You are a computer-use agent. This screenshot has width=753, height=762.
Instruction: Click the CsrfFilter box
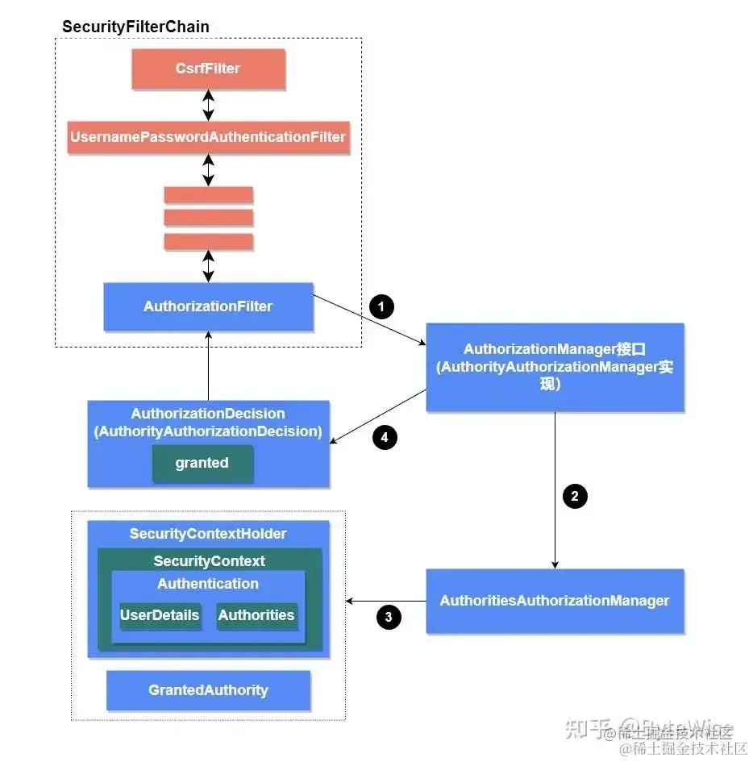point(208,69)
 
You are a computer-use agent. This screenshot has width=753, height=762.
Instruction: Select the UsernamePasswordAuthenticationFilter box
point(208,137)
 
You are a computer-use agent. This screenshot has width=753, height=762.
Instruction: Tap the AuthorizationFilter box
point(208,306)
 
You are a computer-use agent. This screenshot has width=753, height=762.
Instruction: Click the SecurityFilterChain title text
point(135,27)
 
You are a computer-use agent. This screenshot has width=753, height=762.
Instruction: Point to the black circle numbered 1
point(381,306)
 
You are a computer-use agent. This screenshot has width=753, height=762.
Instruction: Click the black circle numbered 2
point(574,496)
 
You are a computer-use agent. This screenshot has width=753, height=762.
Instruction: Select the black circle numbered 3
point(389,618)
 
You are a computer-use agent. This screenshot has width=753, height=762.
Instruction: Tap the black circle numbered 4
point(385,438)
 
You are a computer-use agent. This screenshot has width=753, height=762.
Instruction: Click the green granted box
point(202,464)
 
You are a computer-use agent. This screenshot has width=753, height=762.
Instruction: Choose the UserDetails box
point(160,615)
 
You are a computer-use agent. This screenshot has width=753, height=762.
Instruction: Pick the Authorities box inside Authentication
point(256,615)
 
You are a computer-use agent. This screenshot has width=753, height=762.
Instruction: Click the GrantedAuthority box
point(208,690)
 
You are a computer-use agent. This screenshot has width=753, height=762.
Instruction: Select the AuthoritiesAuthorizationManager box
point(555,601)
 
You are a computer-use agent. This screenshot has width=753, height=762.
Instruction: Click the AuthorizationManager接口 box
point(555,367)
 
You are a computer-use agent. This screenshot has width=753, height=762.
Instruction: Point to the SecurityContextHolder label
point(208,534)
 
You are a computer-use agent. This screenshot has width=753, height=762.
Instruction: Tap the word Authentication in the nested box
point(208,584)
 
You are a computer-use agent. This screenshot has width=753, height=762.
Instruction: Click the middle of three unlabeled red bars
point(208,218)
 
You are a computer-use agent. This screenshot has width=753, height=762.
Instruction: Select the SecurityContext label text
point(209,560)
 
